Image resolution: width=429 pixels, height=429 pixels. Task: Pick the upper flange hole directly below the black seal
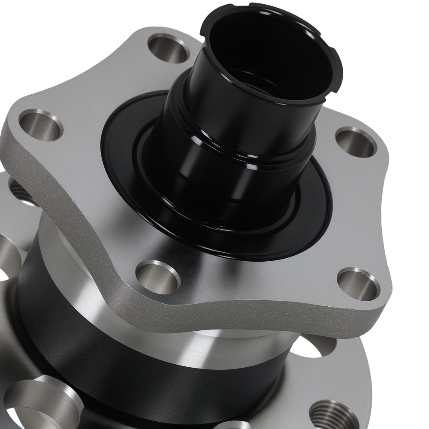[x=157, y=277]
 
